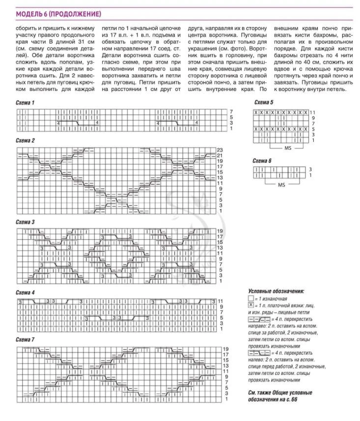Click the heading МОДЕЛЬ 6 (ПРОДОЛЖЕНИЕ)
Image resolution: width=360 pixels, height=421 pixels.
pyautogui.click(x=58, y=13)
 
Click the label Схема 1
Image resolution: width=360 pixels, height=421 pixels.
pyautogui.click(x=25, y=104)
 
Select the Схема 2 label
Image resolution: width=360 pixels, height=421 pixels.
pyautogui.click(x=25, y=140)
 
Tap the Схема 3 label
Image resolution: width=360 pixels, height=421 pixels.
pyautogui.click(x=25, y=222)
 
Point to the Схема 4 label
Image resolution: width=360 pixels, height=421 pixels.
pyautogui.click(x=25, y=293)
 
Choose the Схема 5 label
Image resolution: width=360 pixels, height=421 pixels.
pyautogui.click(x=263, y=103)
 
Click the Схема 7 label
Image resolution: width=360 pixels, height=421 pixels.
pyautogui.click(x=25, y=340)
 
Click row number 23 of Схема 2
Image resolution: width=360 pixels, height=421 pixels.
pyautogui.click(x=220, y=149)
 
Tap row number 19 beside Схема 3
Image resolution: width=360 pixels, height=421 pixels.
pyautogui.click(x=220, y=231)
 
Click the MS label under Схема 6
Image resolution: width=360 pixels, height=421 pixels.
pyautogui.click(x=282, y=185)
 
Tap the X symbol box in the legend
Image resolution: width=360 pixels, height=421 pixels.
pyautogui.click(x=251, y=305)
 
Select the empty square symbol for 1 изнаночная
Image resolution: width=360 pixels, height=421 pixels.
pyautogui.click(x=251, y=298)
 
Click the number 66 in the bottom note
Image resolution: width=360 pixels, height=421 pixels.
pyautogui.click(x=294, y=399)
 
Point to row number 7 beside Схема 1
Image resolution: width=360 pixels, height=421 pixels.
pyautogui.click(x=231, y=112)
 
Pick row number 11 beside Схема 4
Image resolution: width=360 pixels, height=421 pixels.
pyautogui.click(x=220, y=301)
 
